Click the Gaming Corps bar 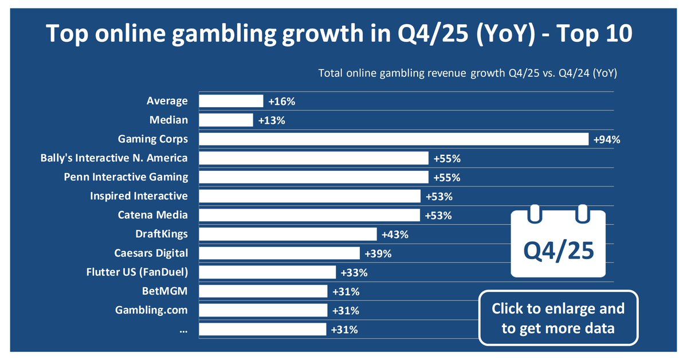click(x=394, y=139)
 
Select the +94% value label click(x=607, y=139)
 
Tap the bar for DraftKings click(x=288, y=234)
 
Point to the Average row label click(x=167, y=101)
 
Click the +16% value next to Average click(x=281, y=101)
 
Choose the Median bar click(x=226, y=120)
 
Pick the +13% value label click(x=271, y=120)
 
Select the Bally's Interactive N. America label click(x=114, y=158)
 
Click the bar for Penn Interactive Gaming click(x=313, y=177)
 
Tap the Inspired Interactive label click(x=139, y=196)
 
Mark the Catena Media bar click(x=309, y=215)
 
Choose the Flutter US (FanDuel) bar click(x=267, y=272)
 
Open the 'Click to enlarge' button click(x=558, y=318)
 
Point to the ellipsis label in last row click(x=183, y=329)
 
